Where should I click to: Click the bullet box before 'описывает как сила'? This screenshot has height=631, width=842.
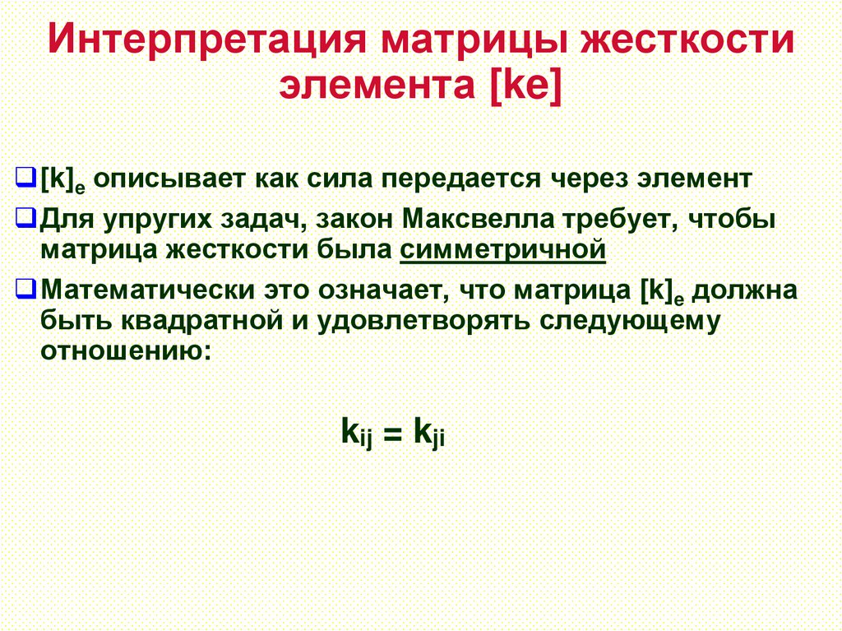(25, 177)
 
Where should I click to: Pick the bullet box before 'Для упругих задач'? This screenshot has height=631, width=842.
(25, 220)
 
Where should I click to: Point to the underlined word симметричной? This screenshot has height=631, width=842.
(503, 248)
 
